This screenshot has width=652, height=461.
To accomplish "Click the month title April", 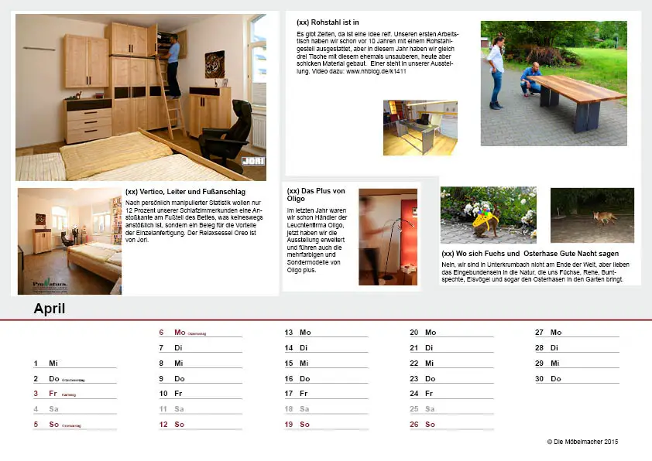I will click(x=50, y=309).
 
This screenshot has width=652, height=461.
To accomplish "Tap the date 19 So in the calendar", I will click(x=298, y=425).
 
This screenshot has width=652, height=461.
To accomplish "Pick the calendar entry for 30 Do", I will click(x=548, y=379).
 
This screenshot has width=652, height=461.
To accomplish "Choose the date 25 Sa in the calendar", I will click(x=423, y=409).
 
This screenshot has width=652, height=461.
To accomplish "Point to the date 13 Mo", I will click(x=298, y=333).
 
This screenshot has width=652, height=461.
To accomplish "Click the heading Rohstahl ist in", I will click(x=328, y=23).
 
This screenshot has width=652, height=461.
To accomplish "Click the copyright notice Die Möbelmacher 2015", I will click(x=582, y=442).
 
